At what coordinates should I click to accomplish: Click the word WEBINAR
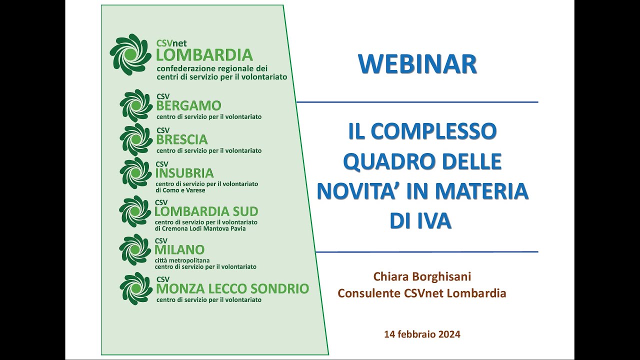coord(417,64)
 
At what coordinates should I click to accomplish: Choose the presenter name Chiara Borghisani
coord(422,276)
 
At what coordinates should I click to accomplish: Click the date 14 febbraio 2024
coord(422,334)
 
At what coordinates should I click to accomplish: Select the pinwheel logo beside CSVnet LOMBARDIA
coord(130,54)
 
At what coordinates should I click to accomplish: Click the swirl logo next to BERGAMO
coord(136,105)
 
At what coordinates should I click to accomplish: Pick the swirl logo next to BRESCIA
coord(136,139)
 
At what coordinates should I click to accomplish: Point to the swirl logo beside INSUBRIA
coord(135,173)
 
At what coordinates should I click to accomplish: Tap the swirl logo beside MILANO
coord(135,249)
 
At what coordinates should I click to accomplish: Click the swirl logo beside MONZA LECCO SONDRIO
coord(136,288)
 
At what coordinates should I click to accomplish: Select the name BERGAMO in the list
coord(188,106)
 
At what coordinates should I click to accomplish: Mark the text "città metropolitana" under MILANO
coord(182,260)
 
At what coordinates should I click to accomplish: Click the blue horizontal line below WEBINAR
coord(417,102)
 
